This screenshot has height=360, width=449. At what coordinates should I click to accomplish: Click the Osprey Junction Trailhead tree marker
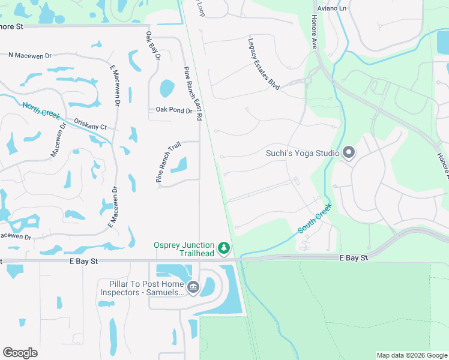(x=224, y=248)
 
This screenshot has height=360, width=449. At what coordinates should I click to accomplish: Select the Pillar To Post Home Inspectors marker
(x=193, y=287)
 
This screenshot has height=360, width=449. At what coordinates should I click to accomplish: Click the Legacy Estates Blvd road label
(x=264, y=65)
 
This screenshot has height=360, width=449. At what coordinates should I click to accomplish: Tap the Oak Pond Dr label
(x=174, y=110)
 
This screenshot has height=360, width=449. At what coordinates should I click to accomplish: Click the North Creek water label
(x=41, y=111)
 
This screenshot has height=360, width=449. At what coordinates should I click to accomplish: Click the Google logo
(x=20, y=353)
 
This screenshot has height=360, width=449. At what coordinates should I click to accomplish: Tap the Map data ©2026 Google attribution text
(x=412, y=355)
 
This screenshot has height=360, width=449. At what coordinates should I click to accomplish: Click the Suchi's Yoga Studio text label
(x=303, y=153)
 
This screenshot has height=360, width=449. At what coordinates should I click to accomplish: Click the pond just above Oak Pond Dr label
(x=166, y=89)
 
